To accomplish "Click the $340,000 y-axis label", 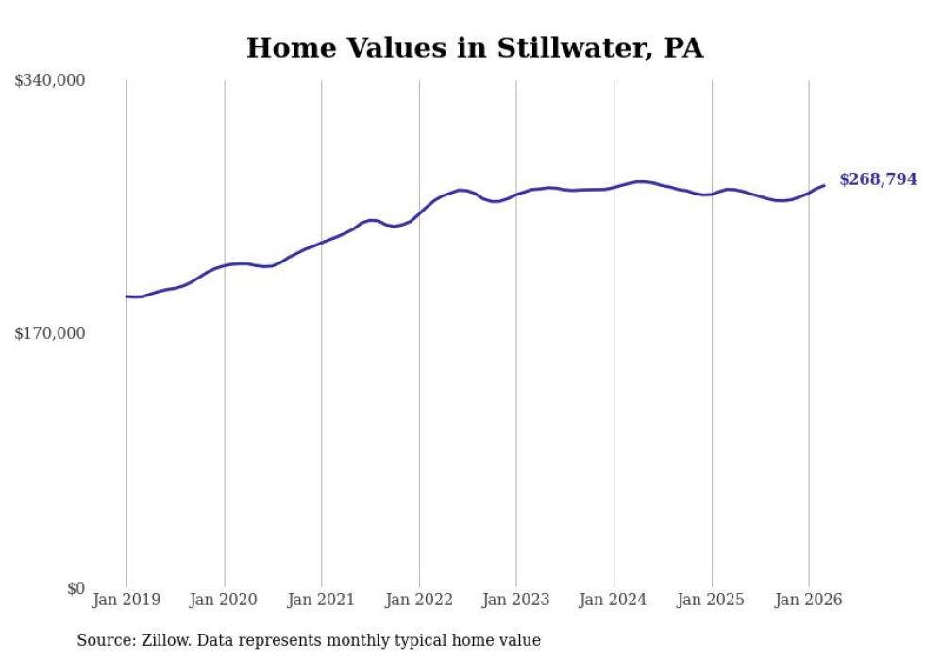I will (50, 81).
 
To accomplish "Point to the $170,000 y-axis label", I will (50, 333).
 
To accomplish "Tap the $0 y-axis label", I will (76, 588).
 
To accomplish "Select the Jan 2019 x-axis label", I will (126, 600).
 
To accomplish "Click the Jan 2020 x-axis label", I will (224, 600).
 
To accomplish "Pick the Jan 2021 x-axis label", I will (321, 600).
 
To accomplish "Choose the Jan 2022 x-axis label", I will (419, 600).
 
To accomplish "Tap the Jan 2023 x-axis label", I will (516, 600).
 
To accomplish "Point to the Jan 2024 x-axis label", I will (614, 600).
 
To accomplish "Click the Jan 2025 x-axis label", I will (711, 600).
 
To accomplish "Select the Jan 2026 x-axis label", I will (808, 600).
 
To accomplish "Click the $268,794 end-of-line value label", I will (878, 179).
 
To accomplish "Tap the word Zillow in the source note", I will (162, 640).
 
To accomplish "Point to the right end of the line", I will (824, 185).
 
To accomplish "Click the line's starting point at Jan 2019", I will (126, 296).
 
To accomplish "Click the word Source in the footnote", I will (102, 640).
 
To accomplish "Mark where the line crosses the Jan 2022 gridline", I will (419, 214).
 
